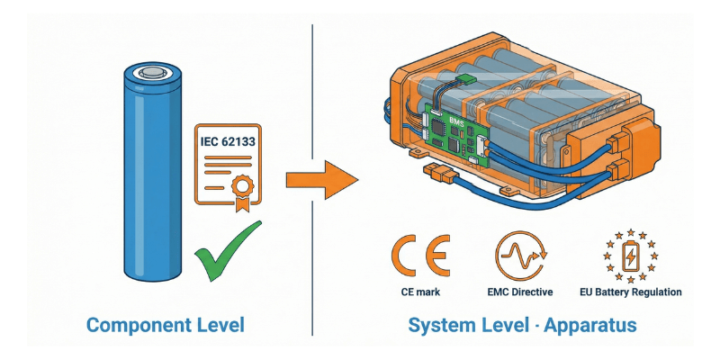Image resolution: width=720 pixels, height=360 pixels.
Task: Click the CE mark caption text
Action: pyautogui.click(x=418, y=292)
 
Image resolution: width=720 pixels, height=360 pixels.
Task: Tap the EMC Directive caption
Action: pyautogui.click(x=520, y=292)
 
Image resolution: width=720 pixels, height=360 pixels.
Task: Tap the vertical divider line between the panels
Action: pyautogui.click(x=311, y=180)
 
